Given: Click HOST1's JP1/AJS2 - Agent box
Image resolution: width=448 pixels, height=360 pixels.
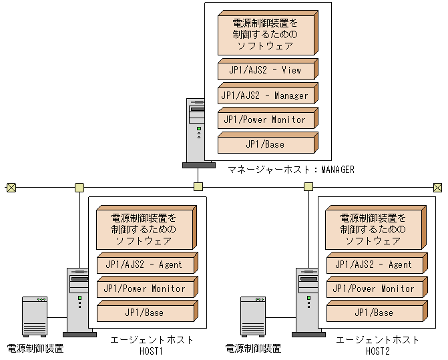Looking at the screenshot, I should pyautogui.click(x=144, y=264).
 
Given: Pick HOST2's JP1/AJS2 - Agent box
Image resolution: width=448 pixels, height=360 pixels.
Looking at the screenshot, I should pyautogui.click(x=373, y=264).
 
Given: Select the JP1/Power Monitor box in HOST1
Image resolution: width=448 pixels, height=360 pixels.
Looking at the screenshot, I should pyautogui.click(x=144, y=289).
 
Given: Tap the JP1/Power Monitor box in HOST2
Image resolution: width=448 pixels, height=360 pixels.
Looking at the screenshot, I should pyautogui.click(x=373, y=289).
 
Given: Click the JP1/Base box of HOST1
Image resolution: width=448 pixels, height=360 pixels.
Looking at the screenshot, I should pyautogui.click(x=144, y=313).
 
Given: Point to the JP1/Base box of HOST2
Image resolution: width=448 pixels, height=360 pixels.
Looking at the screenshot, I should pyautogui.click(x=373, y=313).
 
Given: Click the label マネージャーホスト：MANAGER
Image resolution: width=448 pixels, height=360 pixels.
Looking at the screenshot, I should pyautogui.click(x=290, y=170).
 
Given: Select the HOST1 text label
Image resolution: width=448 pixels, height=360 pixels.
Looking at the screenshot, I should pyautogui.click(x=152, y=351).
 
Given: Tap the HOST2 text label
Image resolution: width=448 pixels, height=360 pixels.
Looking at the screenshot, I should pyautogui.click(x=377, y=351).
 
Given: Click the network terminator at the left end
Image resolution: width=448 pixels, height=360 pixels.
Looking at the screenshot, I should pyautogui.click(x=11, y=187).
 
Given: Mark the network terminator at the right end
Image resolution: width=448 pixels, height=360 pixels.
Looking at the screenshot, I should pyautogui.click(x=437, y=187).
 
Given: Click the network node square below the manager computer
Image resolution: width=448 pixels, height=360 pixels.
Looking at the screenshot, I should pyautogui.click(x=198, y=187).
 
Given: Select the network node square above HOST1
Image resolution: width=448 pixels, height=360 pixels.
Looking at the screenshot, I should pyautogui.click(x=79, y=187).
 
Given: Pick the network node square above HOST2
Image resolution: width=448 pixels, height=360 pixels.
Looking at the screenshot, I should pyautogui.click(x=308, y=187).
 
